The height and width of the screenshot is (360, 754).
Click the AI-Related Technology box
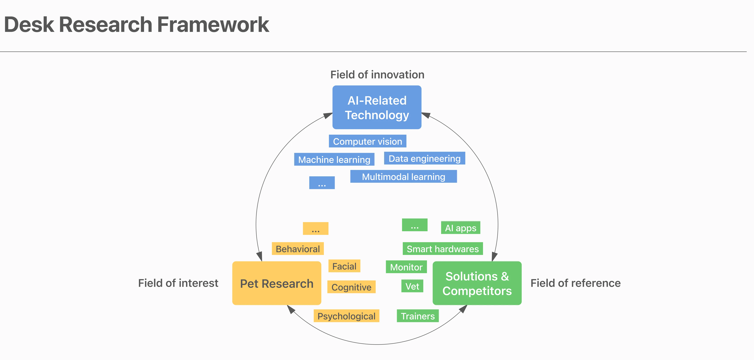coord(377,107)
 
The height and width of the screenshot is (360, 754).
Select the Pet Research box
coord(277,283)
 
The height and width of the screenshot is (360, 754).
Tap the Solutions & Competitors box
coord(477,283)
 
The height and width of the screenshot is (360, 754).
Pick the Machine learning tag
coord(334,159)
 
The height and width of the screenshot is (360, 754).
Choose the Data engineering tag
coord(424,158)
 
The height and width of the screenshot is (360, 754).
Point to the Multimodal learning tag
coord(403,177)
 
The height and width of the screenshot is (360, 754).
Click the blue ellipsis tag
coord(322,183)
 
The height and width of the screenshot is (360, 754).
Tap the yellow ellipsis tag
coord(315,229)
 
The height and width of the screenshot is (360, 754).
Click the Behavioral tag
coord(298,249)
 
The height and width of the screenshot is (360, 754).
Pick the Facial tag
coord(344,266)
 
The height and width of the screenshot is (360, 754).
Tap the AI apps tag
coord(460,228)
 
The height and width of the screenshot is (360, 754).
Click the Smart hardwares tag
coord(442,249)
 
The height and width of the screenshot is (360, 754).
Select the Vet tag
coord(412,286)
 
